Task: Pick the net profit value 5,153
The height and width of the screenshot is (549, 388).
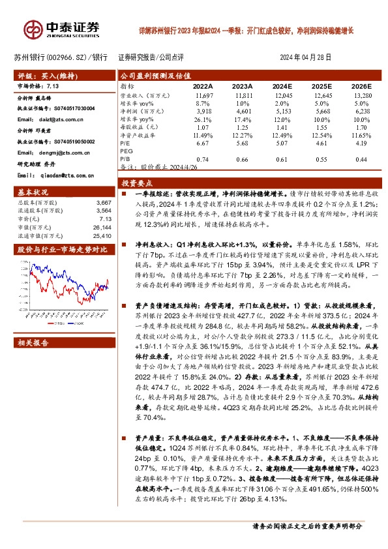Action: [x=282, y=111]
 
